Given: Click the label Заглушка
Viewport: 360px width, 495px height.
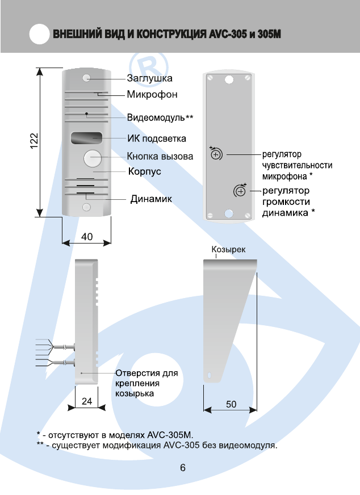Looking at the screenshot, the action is click(149, 78).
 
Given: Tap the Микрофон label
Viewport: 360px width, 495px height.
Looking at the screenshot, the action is click(152, 94).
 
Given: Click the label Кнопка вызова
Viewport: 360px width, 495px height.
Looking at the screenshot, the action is click(160, 156).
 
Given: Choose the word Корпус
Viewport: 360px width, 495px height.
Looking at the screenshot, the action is click(145, 170).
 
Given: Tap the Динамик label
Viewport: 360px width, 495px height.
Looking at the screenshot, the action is click(152, 199).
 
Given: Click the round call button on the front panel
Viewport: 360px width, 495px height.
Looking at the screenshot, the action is click(92, 159).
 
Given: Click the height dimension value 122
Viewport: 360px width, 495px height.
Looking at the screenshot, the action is click(35, 141).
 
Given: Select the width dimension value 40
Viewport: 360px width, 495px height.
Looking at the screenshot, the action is click(87, 237).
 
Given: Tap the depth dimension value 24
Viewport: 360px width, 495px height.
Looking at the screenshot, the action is click(87, 401).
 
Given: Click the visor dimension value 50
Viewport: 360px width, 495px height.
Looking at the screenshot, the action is click(231, 404).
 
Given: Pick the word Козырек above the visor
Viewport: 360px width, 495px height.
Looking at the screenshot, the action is click(228, 249).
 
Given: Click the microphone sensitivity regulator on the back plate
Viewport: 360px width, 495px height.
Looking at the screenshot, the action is click(216, 154).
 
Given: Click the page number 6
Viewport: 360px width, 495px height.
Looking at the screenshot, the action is click(182, 468).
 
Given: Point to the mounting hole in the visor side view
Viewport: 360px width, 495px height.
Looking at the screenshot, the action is click(211, 376).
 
